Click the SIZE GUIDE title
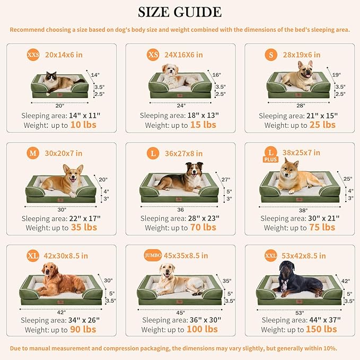pyautogui.click(x=180, y=12)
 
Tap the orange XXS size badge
pyautogui.click(x=33, y=55)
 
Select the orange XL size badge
pyautogui.click(x=33, y=256)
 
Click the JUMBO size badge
pyautogui.click(x=152, y=256)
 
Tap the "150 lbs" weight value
pyautogui.click(x=322, y=329)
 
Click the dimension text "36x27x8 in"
pyautogui.click(x=183, y=153)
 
